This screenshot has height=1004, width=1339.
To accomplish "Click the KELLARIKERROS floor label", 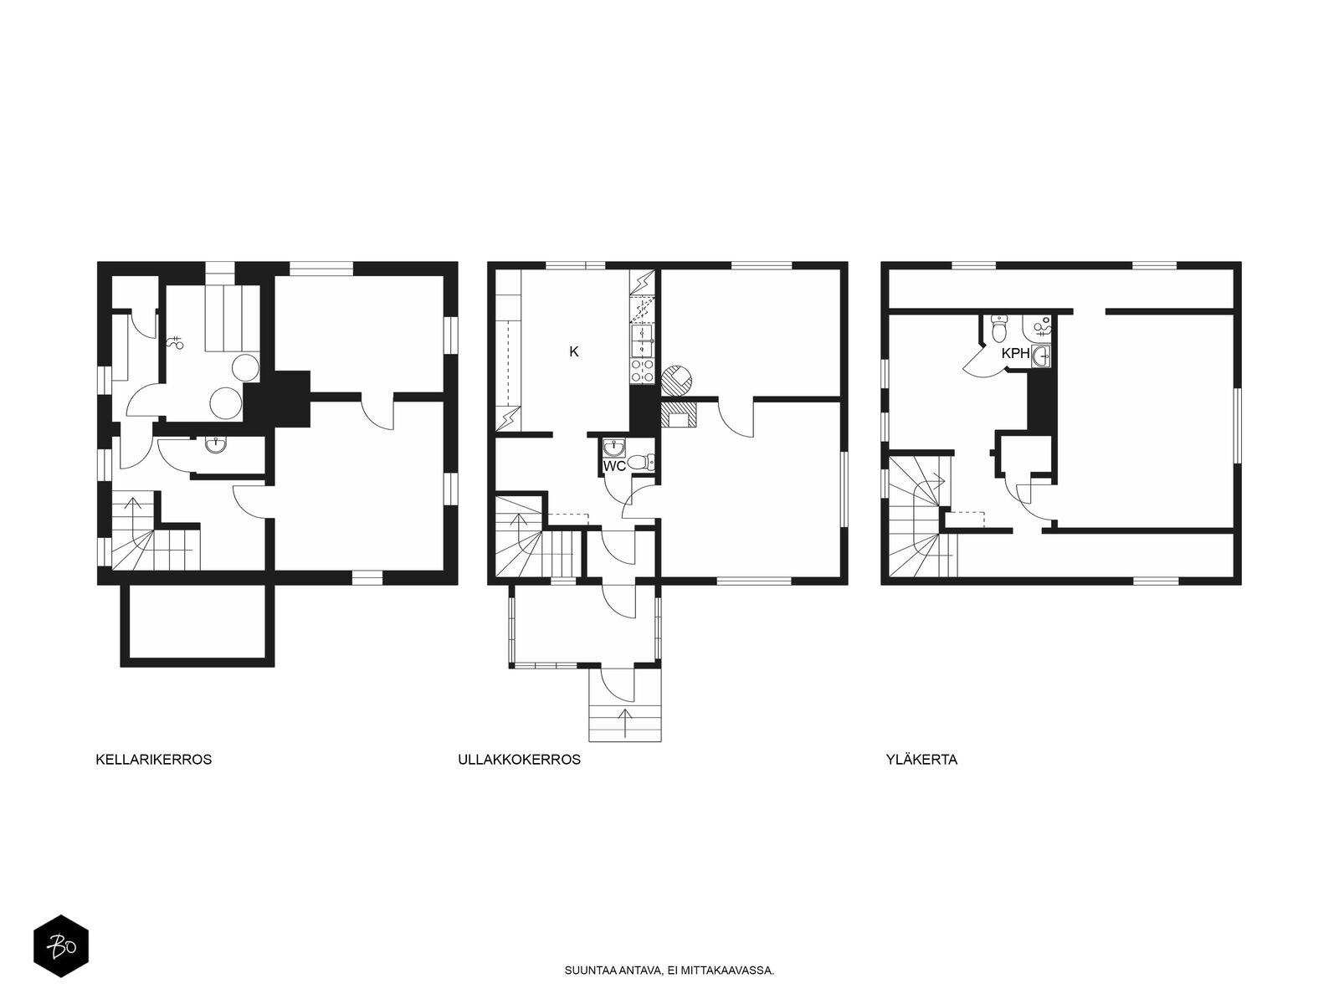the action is point(154,760).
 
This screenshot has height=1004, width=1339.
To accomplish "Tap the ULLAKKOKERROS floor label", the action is point(519,760).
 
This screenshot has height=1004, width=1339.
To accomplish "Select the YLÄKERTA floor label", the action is point(921,760).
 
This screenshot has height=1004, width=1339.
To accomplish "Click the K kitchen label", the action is point(573,351).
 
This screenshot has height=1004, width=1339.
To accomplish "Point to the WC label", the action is point(614,466).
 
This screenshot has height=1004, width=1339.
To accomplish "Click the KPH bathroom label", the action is point(1016,353).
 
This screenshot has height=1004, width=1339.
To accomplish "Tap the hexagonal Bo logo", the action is point(61,946).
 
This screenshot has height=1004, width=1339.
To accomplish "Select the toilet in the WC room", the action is point(640,462).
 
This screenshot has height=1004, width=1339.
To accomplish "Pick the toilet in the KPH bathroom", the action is point(999,330).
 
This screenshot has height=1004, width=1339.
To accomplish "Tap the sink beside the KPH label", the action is point(1041,356).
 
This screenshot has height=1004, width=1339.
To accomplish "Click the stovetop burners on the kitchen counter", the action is point(642,371).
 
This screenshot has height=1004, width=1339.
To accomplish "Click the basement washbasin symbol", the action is point(215,446).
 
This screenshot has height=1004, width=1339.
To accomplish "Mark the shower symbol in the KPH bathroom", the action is point(1042,327).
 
